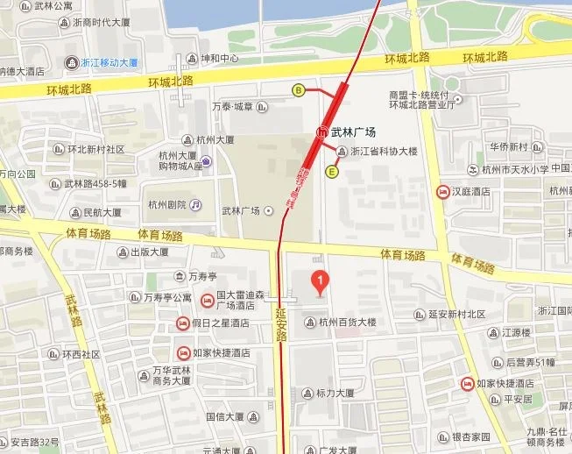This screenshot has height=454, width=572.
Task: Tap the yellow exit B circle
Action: (299, 89)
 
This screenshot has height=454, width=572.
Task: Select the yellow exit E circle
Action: (332, 173)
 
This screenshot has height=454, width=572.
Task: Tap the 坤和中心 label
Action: (221, 60)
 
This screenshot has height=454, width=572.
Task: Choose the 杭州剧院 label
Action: (167, 204)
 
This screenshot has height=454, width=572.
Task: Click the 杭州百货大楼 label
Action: (347, 322)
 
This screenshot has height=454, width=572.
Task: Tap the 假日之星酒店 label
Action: (220, 323)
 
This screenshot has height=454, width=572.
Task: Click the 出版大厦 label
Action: (149, 252)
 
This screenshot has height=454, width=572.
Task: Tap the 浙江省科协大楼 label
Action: (384, 151)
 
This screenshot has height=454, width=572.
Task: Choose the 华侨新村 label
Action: (508, 146)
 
